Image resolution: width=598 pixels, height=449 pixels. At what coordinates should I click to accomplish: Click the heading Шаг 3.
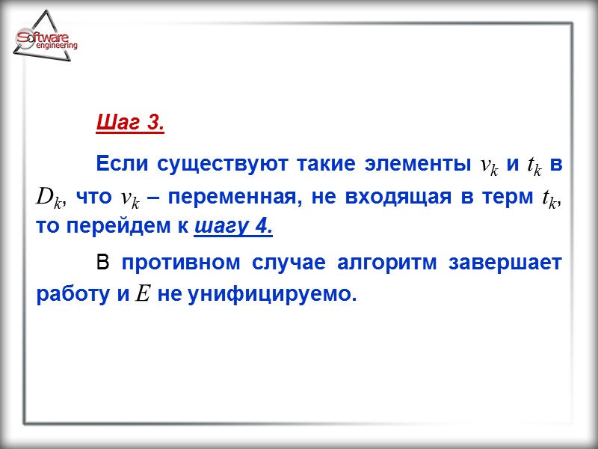pyautogui.click(x=130, y=123)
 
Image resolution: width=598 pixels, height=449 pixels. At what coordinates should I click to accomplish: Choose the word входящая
pyautogui.click(x=414, y=197)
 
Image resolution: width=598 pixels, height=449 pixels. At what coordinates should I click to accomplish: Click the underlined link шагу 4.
pyautogui.click(x=232, y=226)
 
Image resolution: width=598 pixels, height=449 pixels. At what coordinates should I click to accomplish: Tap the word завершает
pyautogui.click(x=512, y=263)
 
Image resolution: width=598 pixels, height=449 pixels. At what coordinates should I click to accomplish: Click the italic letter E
pyautogui.click(x=144, y=294)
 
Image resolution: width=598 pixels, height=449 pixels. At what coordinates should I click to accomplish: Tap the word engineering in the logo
pyautogui.click(x=56, y=46)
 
